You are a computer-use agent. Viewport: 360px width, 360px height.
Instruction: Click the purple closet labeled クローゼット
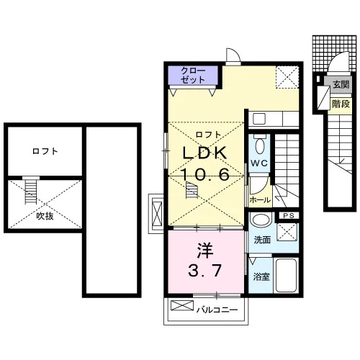pos(193,75)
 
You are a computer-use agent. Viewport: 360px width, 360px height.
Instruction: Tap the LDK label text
pos(205,153)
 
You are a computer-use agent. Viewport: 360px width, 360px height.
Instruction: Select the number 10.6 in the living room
pos(205,174)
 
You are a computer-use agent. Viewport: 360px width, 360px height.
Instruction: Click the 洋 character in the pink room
pos(205,250)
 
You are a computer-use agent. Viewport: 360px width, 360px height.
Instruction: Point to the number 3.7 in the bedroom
pos(204,270)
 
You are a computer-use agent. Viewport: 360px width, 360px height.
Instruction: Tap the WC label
pos(259,163)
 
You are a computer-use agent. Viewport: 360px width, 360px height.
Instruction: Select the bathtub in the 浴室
pos(286,275)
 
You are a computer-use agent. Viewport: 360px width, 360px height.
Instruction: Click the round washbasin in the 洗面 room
pos(260,219)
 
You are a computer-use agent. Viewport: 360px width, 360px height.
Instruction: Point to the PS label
pos(289,215)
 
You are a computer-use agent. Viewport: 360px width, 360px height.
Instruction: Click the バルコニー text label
pos(217,310)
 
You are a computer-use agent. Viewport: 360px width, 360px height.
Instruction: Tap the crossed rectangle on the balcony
pos(182,305)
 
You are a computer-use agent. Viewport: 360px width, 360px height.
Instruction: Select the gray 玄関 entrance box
pos(338,84)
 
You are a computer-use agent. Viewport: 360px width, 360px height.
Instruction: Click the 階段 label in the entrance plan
pos(341,104)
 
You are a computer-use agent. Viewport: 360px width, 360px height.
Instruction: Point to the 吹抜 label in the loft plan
pos(45,216)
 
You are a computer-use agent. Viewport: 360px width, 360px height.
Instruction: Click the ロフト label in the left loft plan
pos(45,151)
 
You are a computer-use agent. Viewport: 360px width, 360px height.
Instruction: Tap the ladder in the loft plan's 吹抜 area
pos(31,191)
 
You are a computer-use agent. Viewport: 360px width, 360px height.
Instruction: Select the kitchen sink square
pos(259,119)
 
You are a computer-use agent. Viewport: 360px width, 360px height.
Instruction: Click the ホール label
pos(260,199)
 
